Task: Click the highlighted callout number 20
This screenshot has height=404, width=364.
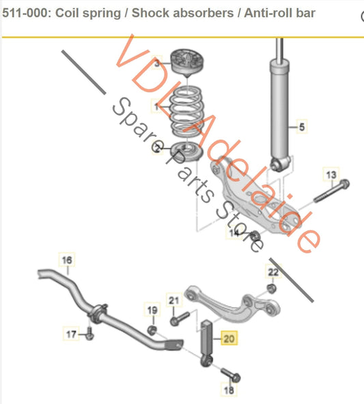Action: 228,337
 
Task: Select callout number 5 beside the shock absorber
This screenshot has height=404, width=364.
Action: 298,126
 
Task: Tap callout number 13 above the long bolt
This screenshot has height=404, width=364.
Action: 331,175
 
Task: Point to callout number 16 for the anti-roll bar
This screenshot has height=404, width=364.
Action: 67,260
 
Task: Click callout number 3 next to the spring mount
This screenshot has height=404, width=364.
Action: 157,64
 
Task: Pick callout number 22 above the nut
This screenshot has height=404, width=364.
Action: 273,273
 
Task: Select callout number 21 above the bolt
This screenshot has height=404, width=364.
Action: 173,301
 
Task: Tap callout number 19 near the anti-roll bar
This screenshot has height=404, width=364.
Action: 152,311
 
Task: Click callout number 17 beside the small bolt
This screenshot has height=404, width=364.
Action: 71,334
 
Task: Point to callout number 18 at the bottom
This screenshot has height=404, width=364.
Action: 229,390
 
